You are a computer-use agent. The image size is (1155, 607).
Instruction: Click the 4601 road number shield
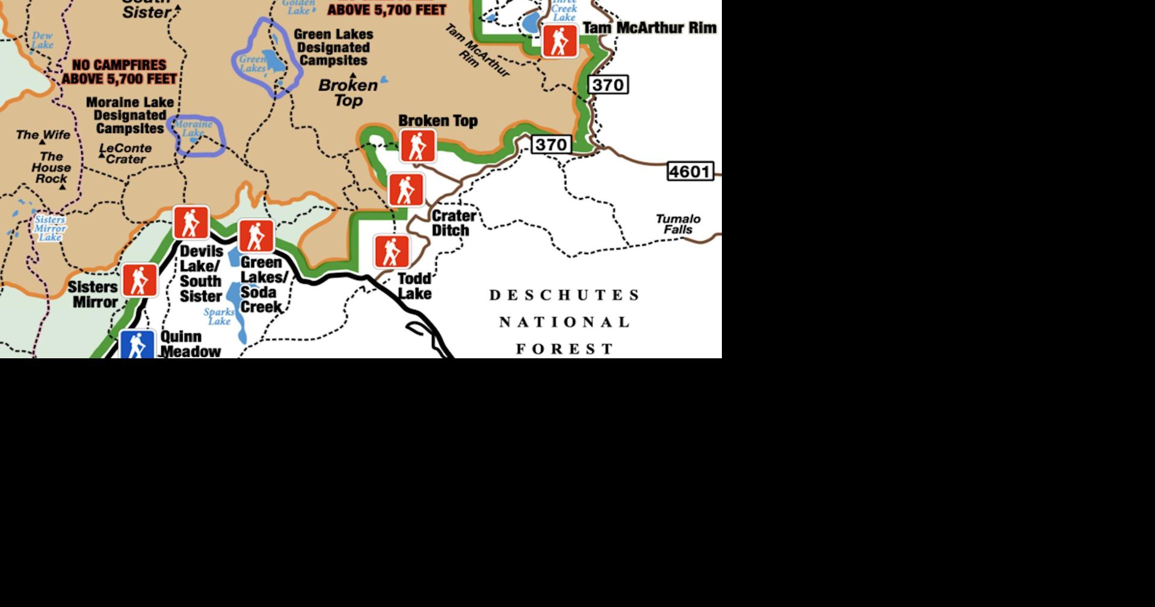click(690, 172)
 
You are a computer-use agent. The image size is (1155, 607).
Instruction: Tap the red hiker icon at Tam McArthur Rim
click(559, 41)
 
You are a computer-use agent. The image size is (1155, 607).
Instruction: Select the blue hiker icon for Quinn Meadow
click(138, 345)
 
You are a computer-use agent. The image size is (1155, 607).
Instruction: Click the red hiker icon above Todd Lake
click(392, 251)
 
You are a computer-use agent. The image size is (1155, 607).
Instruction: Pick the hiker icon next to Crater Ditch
click(407, 190)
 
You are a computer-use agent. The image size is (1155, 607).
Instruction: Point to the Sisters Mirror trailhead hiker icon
click(140, 280)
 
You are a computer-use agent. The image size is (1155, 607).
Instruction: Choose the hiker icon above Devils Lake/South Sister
click(191, 222)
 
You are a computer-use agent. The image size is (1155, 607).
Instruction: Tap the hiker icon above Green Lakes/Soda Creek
click(256, 235)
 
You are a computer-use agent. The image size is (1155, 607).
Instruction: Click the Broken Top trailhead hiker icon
click(418, 146)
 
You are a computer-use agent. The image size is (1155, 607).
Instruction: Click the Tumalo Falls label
click(678, 224)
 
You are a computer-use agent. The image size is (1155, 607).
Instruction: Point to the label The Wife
click(43, 135)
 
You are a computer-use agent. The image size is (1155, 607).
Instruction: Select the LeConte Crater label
click(126, 154)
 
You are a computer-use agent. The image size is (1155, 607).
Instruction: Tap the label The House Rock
click(51, 167)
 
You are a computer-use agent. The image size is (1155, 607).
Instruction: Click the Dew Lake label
click(43, 40)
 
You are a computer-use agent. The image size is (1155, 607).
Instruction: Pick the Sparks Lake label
click(219, 316)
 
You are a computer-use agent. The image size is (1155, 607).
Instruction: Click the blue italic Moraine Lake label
click(193, 128)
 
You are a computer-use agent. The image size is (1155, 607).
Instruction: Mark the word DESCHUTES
click(565, 295)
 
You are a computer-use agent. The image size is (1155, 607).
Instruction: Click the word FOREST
click(565, 349)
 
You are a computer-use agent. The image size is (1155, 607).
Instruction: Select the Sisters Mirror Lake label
click(50, 228)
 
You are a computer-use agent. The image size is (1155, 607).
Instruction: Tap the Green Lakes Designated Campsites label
click(333, 48)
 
